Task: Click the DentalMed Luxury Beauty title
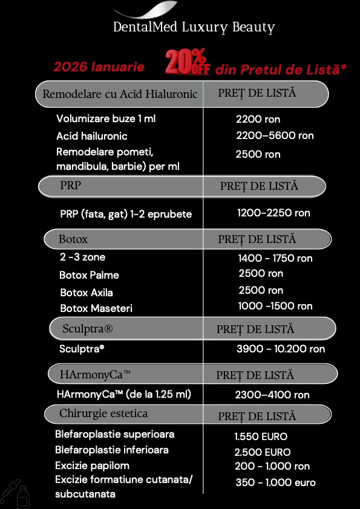point(194,27)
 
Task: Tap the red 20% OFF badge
point(188,63)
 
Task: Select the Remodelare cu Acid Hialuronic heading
point(120,94)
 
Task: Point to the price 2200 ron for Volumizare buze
point(258,120)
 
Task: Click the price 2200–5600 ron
point(275,136)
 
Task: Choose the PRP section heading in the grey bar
point(70,186)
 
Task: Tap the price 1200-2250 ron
point(273,213)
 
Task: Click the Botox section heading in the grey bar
point(73,239)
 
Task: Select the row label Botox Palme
point(89,275)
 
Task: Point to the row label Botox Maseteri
point(96,308)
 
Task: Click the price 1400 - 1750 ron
point(275,258)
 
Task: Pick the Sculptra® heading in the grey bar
point(88,329)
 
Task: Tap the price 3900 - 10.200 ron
point(281,349)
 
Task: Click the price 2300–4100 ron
point(272,395)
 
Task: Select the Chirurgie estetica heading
point(103,414)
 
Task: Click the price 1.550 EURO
point(261,436)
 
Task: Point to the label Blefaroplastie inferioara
point(112,450)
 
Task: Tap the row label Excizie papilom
point(92,466)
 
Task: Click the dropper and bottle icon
point(16,493)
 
